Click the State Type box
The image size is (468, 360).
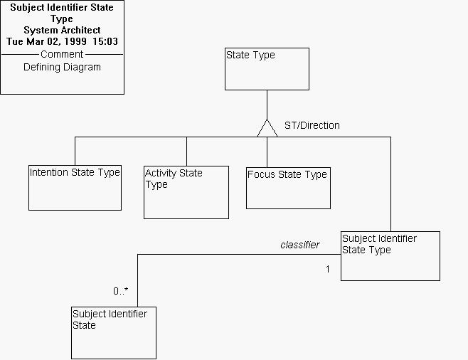(x=267, y=69)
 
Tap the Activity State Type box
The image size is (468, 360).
(x=186, y=192)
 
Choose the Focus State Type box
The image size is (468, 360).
(x=288, y=188)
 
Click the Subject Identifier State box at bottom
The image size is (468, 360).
(x=114, y=332)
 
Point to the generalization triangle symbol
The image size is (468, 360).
(x=267, y=128)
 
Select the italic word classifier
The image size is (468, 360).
(x=299, y=245)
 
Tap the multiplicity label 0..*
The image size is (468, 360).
(x=121, y=290)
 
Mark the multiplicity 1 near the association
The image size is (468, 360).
(x=327, y=270)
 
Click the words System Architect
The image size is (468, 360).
(x=62, y=31)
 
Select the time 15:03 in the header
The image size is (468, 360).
(x=105, y=42)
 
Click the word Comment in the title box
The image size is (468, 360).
(x=62, y=54)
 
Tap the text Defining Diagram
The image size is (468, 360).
(x=62, y=67)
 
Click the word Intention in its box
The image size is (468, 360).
(x=49, y=172)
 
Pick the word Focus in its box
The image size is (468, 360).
(x=260, y=174)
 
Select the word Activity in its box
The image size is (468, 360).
(x=161, y=173)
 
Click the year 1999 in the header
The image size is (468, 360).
(x=75, y=42)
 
